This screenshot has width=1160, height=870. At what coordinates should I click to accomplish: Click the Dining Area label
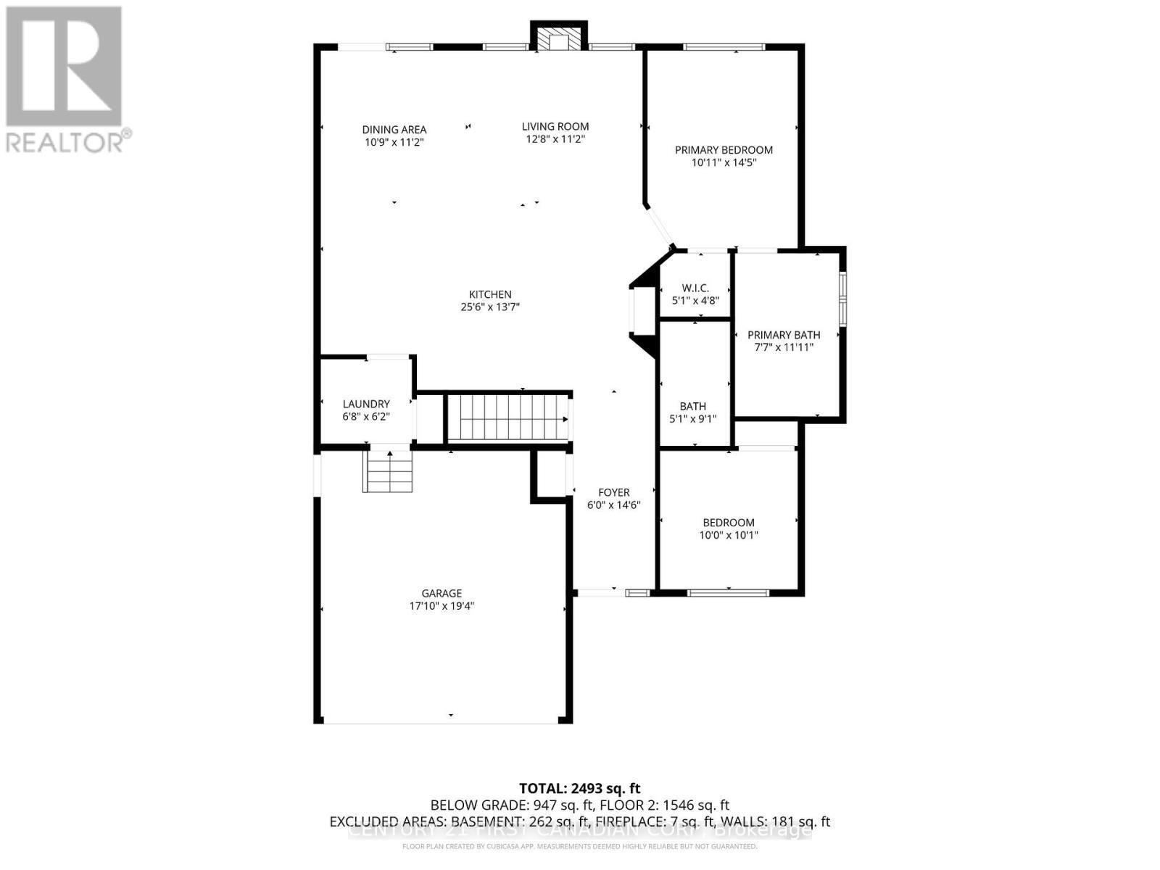tap(394, 130)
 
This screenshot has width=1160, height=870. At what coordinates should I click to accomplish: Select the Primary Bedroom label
tap(724, 150)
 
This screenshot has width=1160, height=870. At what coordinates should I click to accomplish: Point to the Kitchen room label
tap(490, 294)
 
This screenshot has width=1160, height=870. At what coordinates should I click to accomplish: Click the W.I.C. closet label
tap(695, 289)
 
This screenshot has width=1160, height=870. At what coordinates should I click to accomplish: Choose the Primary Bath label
tap(784, 335)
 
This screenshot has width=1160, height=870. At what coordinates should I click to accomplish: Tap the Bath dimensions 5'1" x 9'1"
tap(692, 419)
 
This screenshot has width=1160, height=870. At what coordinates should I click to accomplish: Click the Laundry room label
tap(366, 404)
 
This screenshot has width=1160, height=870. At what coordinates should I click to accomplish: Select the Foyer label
tap(613, 492)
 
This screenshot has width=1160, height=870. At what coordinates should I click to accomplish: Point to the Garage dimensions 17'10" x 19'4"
tap(441, 606)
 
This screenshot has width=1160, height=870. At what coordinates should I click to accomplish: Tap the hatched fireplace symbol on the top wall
tap(558, 42)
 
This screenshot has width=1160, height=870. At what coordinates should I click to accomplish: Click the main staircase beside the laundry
tap(507, 418)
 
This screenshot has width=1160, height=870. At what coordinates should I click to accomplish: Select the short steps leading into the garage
tap(388, 471)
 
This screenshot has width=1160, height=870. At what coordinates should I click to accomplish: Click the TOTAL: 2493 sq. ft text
tap(579, 788)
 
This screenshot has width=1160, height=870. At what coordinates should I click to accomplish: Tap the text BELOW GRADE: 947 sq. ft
tap(512, 805)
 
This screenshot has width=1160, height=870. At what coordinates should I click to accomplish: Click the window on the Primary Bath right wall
tap(842, 298)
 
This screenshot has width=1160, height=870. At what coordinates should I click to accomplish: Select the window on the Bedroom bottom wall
tap(727, 593)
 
